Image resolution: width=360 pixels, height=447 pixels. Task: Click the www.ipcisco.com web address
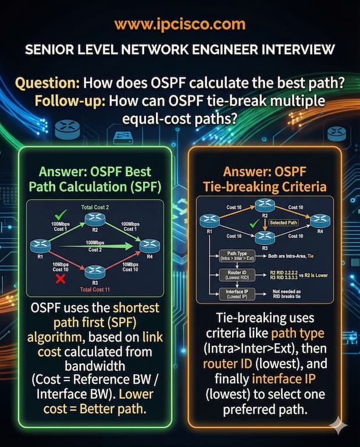pos(180,24)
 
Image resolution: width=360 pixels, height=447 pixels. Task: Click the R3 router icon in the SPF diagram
pos(94,271)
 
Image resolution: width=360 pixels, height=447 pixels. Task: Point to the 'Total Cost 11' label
pos(94,289)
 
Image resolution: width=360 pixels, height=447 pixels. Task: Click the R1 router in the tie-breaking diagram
pos(209,221)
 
